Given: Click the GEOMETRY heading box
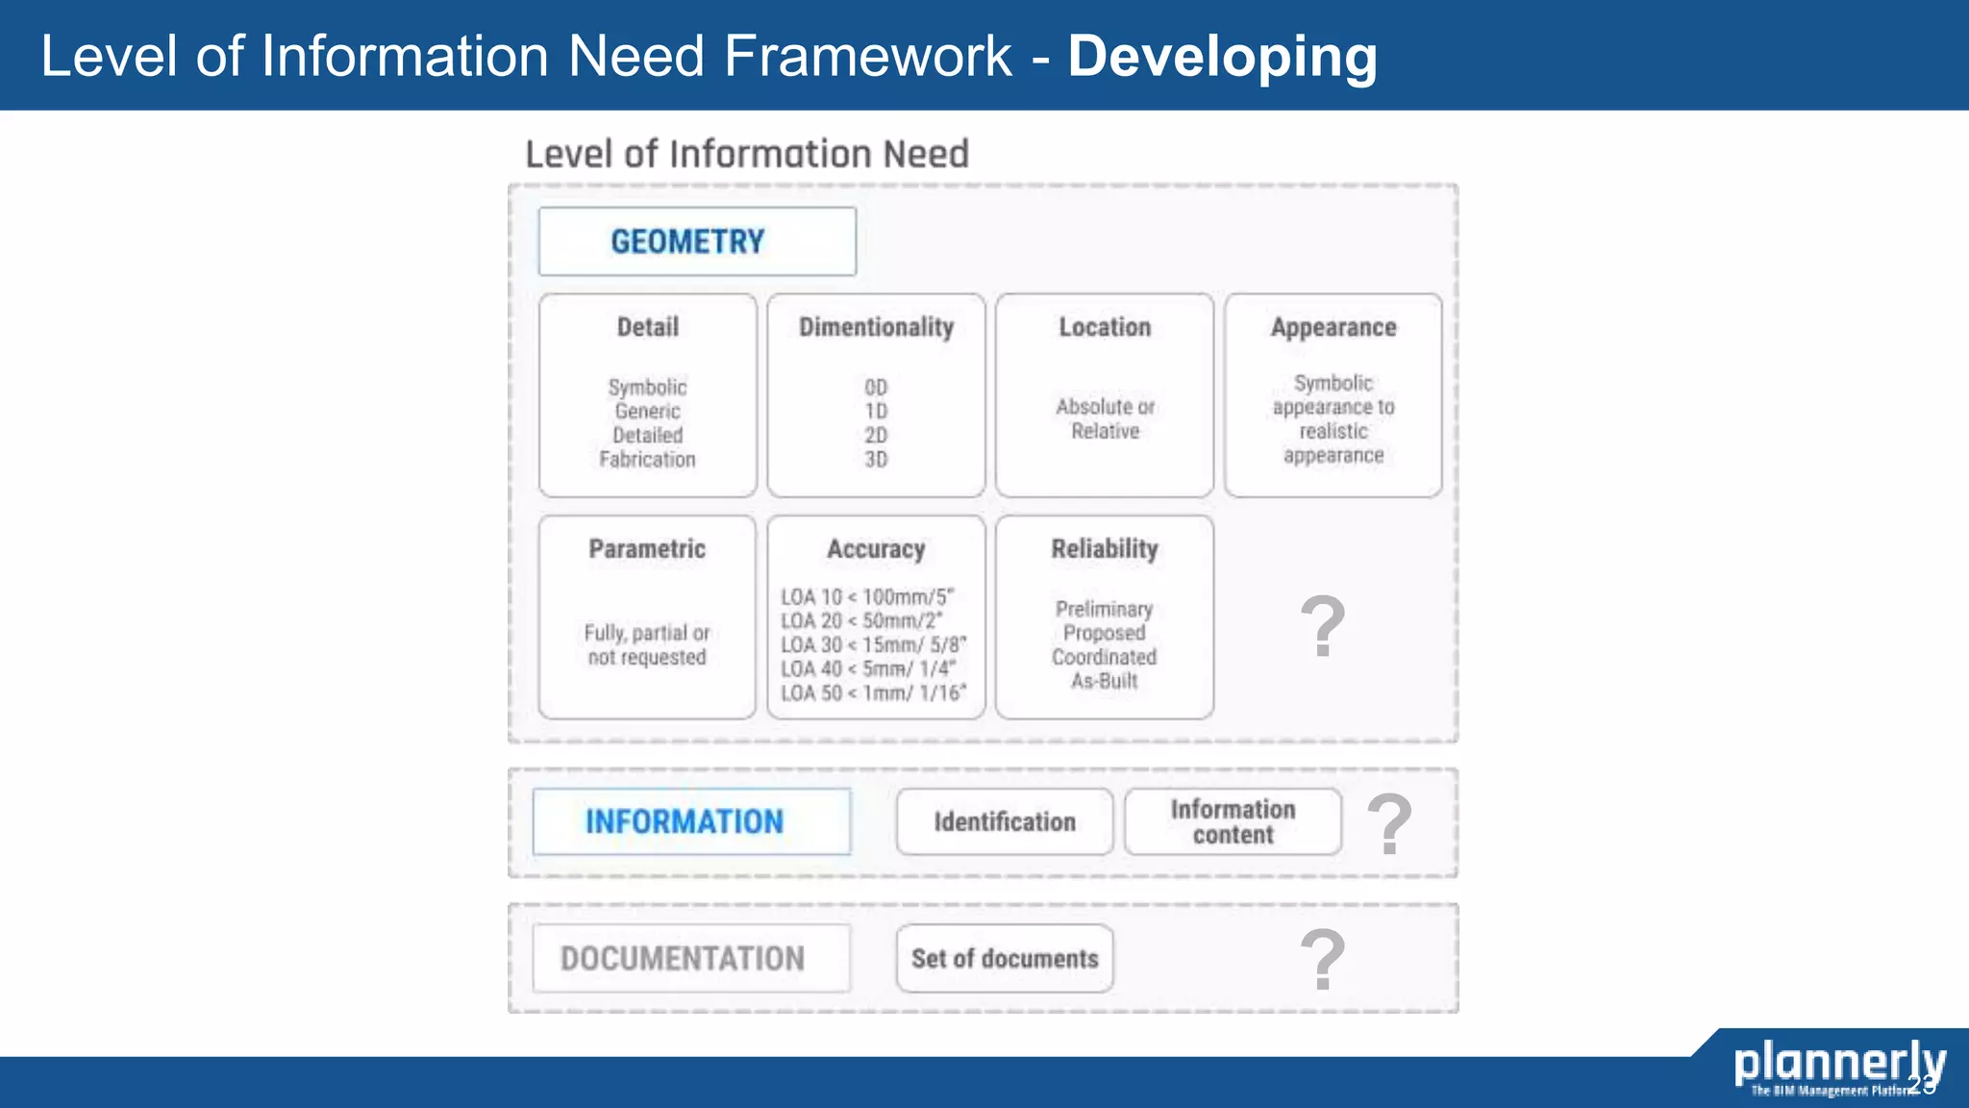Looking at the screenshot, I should pyautogui.click(x=696, y=241).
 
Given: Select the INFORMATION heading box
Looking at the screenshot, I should pyautogui.click(x=691, y=822).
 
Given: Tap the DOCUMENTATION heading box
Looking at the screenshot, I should pyautogui.click(x=691, y=959).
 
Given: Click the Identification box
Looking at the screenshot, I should pyautogui.click(x=1005, y=822).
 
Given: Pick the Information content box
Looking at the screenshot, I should pyautogui.click(x=1233, y=822).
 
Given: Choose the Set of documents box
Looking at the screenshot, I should pyautogui.click(x=1005, y=959).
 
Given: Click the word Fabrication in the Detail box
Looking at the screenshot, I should pyautogui.click(x=647, y=460).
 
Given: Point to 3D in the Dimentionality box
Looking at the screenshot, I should pyautogui.click(x=876, y=460).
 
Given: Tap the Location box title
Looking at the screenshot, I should pyautogui.click(x=1105, y=328).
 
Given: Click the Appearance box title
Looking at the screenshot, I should pyautogui.click(x=1333, y=328).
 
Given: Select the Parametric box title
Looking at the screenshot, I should pyautogui.click(x=647, y=549).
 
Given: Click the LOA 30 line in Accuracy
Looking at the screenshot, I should pyautogui.click(x=873, y=645).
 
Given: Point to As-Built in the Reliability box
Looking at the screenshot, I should pyautogui.click(x=1105, y=681).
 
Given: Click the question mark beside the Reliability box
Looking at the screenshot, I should pyautogui.click(x=1323, y=627).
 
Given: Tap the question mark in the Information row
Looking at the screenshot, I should pyautogui.click(x=1389, y=824).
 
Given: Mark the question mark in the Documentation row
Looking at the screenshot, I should pyautogui.click(x=1323, y=960).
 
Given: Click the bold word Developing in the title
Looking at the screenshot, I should pyautogui.click(x=1222, y=56).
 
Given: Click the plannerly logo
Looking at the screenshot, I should pyautogui.click(x=1838, y=1066).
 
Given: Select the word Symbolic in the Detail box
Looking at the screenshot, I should pyautogui.click(x=647, y=388).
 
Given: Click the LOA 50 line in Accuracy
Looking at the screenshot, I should pyautogui.click(x=873, y=693).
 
